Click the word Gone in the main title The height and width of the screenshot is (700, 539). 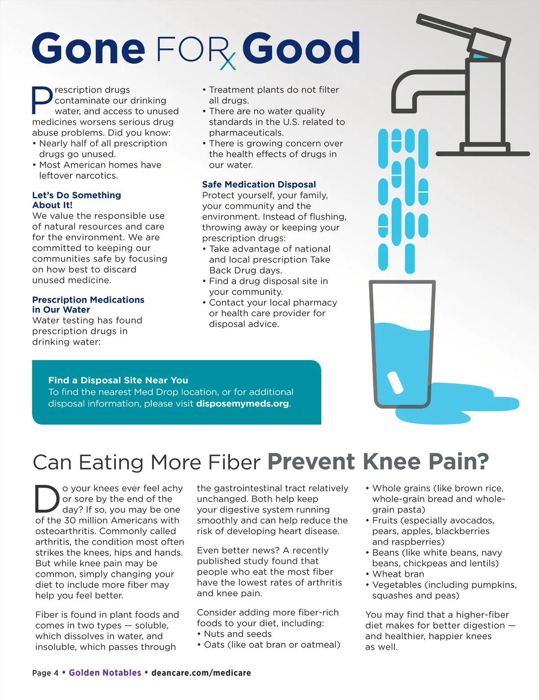coord(88,49)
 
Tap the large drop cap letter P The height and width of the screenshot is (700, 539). coord(42,100)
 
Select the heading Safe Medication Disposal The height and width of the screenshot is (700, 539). coord(259,184)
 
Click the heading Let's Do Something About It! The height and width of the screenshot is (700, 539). coord(76,200)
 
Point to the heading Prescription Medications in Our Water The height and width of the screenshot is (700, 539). coord(88,304)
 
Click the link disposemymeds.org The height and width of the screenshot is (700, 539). coord(243,403)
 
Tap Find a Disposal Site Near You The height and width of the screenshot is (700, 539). coord(118,380)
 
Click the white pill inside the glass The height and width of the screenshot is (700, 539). coord(395,382)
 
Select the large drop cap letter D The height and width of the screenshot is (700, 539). coord(47,499)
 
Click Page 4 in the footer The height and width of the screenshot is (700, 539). coord(45,673)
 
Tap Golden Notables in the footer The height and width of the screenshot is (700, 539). coord(105,673)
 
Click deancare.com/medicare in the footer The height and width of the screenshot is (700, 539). coord(201,673)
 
